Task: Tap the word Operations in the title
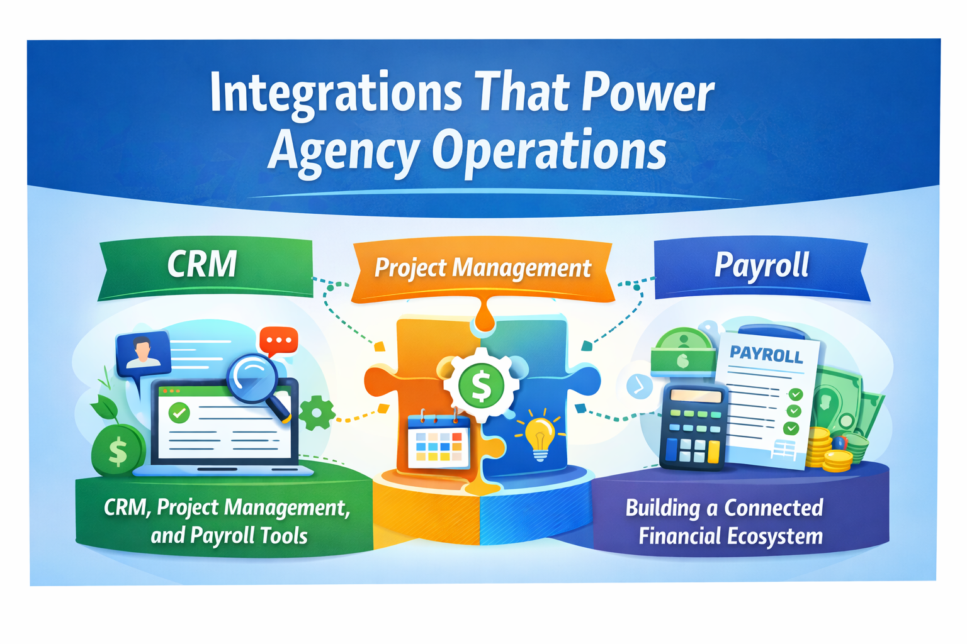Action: click(549, 152)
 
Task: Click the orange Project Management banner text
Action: click(483, 269)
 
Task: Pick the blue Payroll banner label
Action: click(762, 265)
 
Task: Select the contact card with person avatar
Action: click(143, 353)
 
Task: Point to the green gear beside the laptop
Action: click(317, 413)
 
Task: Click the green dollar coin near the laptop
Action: click(118, 450)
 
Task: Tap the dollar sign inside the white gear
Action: click(481, 385)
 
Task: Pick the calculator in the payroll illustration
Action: click(694, 426)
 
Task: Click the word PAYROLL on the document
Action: click(766, 355)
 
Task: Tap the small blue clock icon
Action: click(640, 386)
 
